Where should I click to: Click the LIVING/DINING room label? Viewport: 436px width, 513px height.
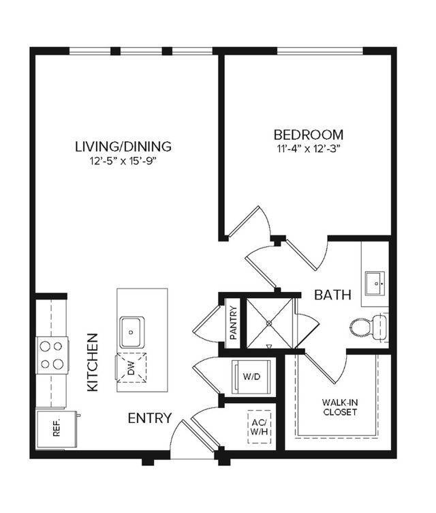(123, 146)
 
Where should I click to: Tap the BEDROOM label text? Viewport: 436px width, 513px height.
(308, 134)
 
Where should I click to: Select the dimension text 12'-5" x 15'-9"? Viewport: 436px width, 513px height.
(123, 162)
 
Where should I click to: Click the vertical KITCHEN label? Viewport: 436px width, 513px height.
(93, 362)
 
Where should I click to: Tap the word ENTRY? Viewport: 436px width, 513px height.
(149, 418)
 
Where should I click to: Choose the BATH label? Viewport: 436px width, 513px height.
(332, 295)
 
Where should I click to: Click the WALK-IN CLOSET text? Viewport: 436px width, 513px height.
(338, 408)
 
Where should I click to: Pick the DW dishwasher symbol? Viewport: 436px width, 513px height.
(131, 370)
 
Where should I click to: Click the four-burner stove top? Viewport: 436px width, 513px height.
(52, 355)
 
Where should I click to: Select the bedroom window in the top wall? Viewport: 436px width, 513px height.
(320, 51)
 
